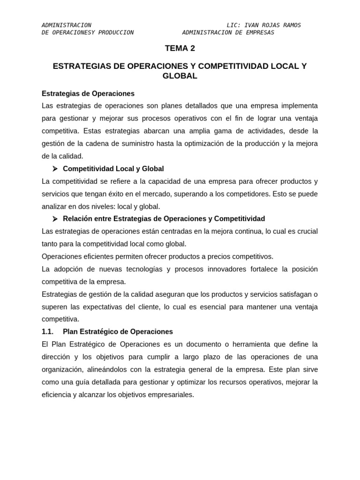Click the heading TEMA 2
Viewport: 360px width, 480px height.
180,48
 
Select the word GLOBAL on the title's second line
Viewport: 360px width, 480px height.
180,76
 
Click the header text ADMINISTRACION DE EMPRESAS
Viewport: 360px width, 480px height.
228,32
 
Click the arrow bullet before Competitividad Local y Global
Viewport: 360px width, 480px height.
55,169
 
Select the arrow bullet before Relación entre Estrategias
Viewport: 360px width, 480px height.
55,219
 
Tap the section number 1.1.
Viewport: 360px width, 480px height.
48,332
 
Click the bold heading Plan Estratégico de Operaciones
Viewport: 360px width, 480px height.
118,332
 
